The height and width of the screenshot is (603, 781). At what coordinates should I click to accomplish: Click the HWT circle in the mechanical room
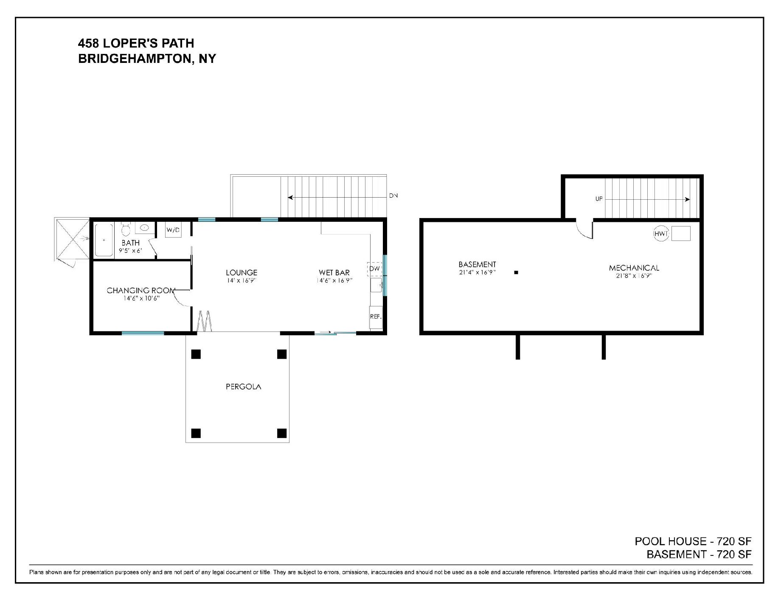(661, 234)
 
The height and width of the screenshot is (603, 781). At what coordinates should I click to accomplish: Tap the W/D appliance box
(173, 230)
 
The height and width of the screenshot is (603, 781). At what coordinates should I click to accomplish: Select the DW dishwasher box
(375, 269)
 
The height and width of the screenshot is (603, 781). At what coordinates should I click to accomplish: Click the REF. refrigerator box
(376, 317)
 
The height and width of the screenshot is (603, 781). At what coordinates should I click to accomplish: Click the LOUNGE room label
(242, 273)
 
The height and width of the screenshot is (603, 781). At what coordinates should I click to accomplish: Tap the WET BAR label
(334, 273)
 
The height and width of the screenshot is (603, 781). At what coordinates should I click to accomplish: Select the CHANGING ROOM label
(141, 291)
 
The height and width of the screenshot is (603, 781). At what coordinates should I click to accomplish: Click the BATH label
(130, 243)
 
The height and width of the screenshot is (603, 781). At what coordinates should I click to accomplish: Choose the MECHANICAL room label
(634, 268)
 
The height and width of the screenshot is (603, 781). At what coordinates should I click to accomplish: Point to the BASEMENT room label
(478, 265)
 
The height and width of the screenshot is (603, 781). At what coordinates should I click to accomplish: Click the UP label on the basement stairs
(599, 199)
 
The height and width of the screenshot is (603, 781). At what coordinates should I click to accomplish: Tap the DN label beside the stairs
(393, 196)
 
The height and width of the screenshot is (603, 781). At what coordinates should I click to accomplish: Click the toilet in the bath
(126, 229)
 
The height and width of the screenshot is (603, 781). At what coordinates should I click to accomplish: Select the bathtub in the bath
(104, 240)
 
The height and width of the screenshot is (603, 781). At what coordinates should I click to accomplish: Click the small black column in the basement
(516, 273)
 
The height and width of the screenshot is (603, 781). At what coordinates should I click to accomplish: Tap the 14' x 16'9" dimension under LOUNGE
(242, 280)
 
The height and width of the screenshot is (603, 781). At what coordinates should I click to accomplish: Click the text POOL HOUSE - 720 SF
(693, 541)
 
